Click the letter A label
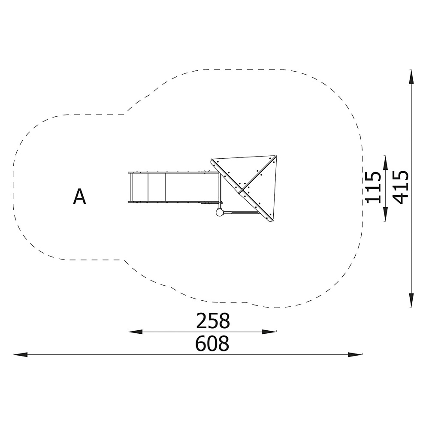[80, 196]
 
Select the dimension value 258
[213, 321]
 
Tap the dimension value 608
[212, 344]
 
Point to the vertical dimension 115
[373, 188]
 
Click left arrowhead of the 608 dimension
[20, 355]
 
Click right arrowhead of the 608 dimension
[355, 355]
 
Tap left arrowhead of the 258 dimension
[136, 332]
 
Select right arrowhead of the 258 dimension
[269, 332]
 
